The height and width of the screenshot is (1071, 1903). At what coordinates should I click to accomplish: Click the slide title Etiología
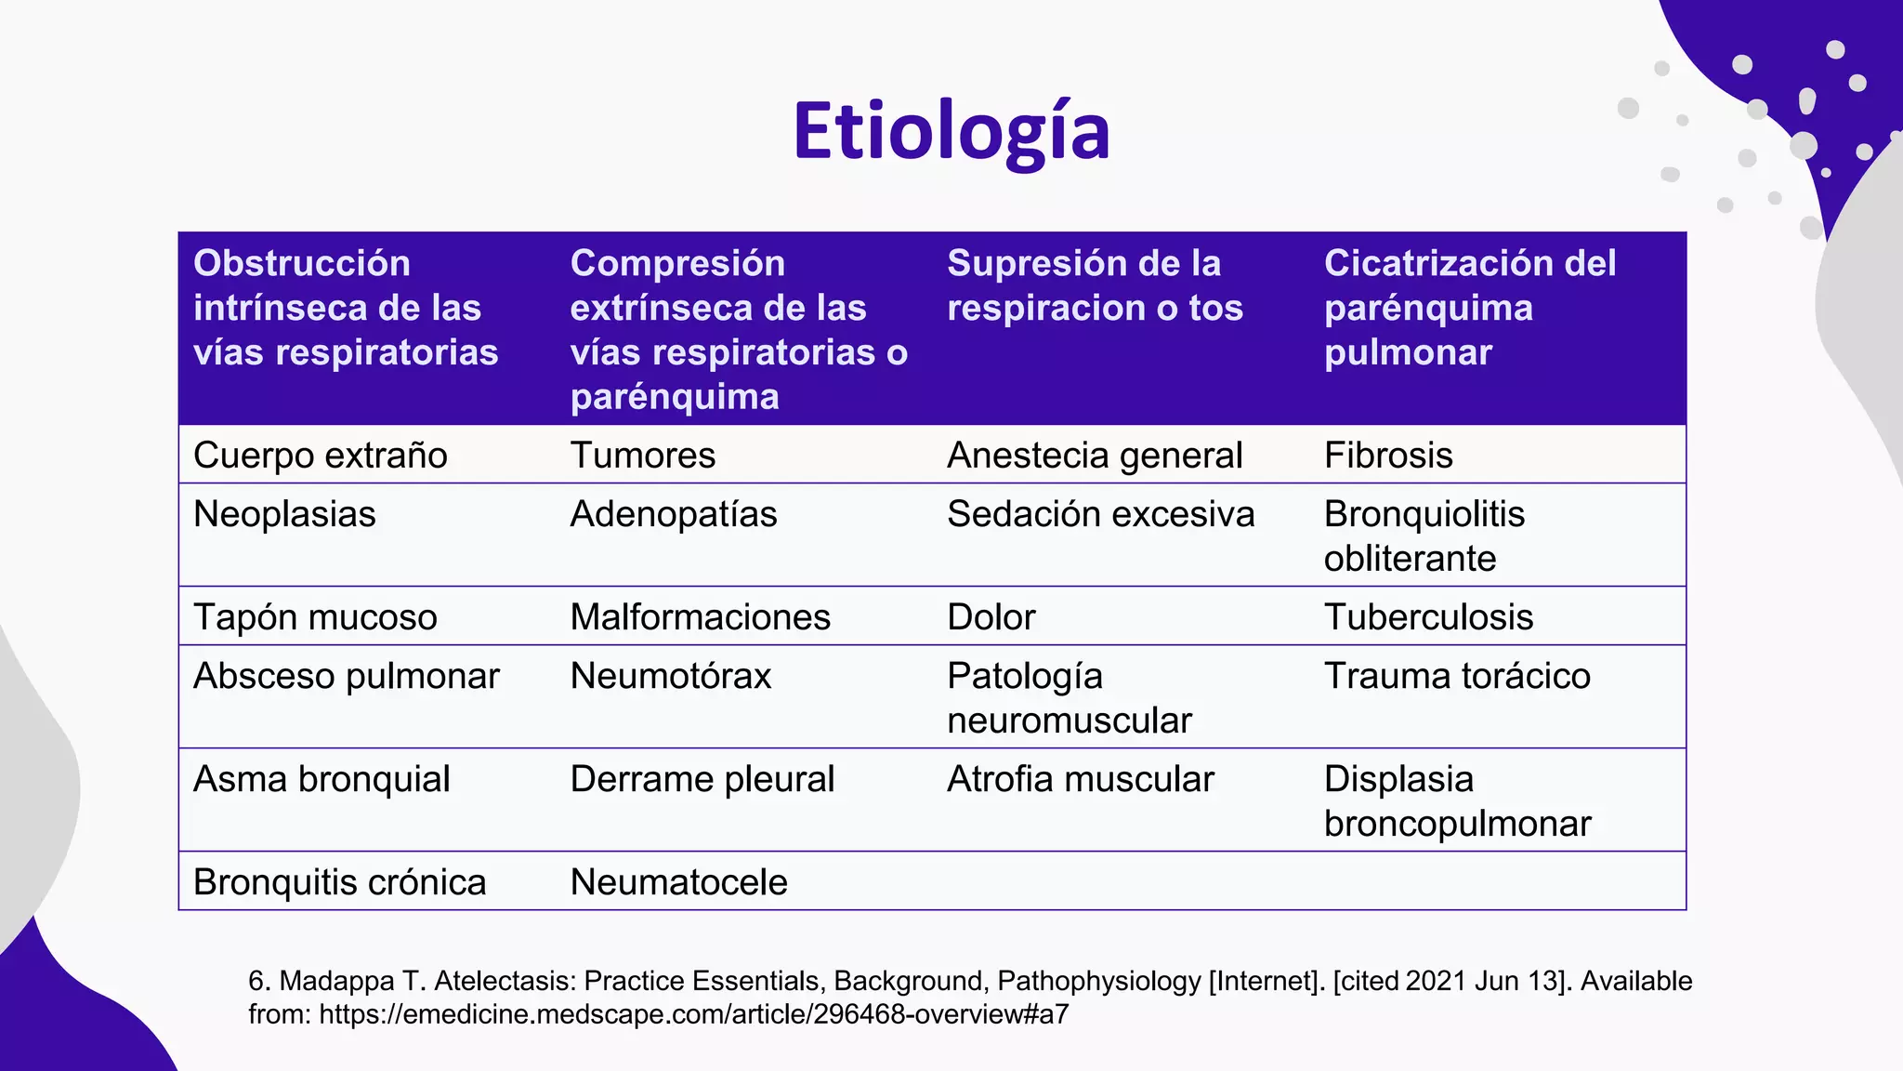(x=951, y=132)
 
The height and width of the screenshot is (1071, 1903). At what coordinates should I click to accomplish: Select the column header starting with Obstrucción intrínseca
(x=346, y=308)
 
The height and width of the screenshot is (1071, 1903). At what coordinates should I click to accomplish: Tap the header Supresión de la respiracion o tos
(x=1095, y=285)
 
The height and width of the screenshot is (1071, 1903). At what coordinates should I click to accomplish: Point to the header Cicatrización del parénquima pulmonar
(x=1470, y=308)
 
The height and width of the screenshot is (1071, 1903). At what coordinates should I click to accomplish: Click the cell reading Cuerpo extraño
(x=321, y=456)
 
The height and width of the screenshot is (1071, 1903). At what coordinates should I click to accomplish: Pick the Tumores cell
(x=643, y=456)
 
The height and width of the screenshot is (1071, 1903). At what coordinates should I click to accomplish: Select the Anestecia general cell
(x=1095, y=456)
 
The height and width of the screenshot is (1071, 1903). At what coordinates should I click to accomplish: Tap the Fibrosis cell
(x=1388, y=456)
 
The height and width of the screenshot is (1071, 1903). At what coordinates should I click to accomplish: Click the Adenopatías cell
(x=674, y=514)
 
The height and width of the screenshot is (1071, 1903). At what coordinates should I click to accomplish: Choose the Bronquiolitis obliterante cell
(x=1424, y=535)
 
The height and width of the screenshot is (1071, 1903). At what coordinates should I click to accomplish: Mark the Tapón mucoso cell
(x=315, y=617)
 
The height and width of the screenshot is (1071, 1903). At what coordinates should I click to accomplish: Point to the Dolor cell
(x=991, y=617)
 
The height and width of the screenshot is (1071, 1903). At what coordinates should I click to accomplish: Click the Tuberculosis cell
(x=1428, y=617)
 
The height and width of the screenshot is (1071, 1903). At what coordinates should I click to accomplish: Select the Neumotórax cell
(x=671, y=676)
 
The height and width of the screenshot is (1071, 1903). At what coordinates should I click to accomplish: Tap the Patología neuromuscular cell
(x=1069, y=697)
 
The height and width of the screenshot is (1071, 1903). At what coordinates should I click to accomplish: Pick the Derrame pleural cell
(x=702, y=779)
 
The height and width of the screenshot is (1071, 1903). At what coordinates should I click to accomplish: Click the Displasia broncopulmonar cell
(x=1457, y=800)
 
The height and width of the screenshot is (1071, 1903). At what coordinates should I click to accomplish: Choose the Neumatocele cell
(x=679, y=882)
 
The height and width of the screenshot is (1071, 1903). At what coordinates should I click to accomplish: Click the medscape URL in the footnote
(x=693, y=1014)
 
